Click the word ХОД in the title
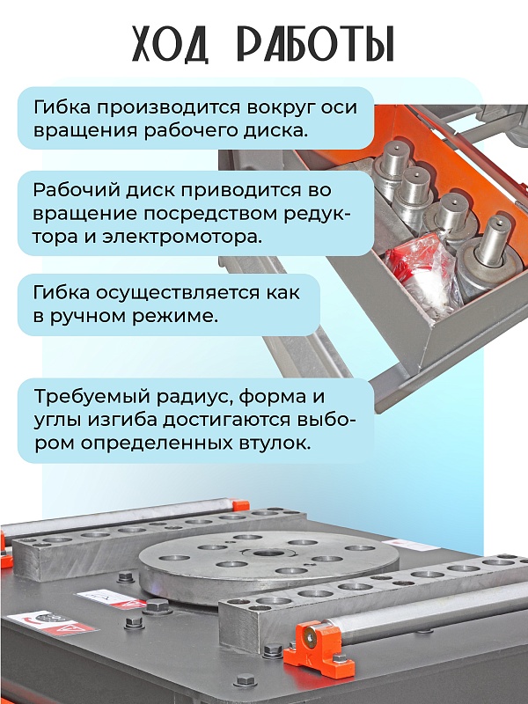(x=171, y=44)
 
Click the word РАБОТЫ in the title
(x=316, y=44)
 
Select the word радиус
(x=194, y=398)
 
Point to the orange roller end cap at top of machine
(x=241, y=503)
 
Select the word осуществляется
(x=177, y=293)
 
